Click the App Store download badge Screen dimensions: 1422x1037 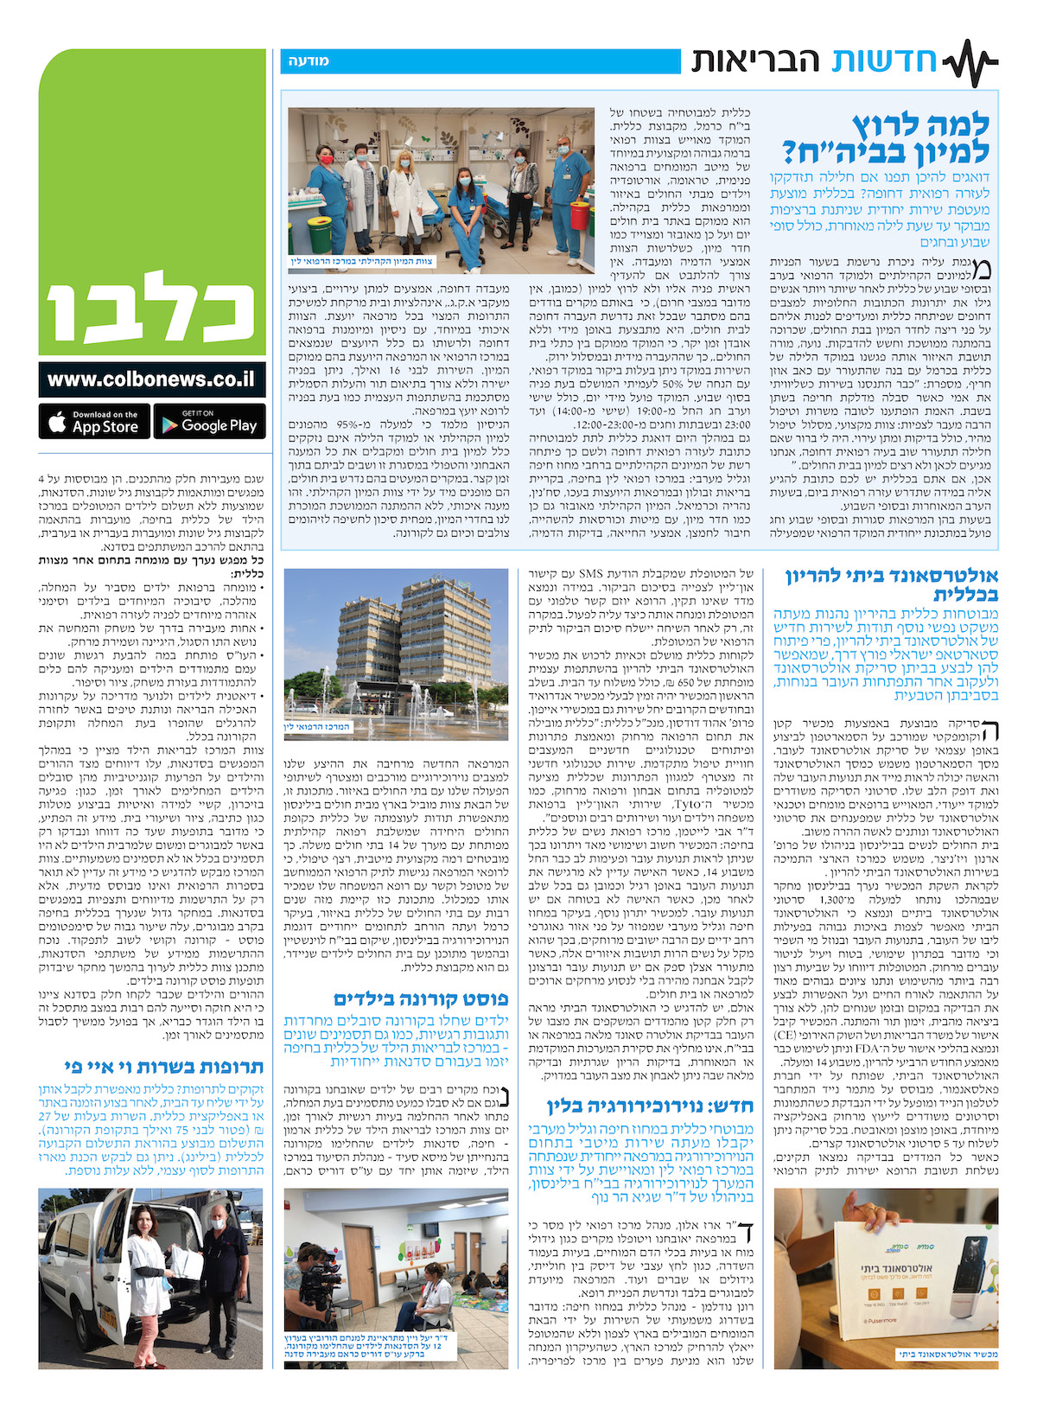[x=94, y=421]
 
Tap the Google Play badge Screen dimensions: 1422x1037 [x=210, y=421]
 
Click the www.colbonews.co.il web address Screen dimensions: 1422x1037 [x=151, y=379]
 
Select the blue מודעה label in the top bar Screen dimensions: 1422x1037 [x=309, y=61]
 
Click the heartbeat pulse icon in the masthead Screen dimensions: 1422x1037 [x=970, y=62]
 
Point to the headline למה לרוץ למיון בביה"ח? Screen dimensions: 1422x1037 [x=885, y=137]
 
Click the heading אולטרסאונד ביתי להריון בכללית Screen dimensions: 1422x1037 [x=892, y=585]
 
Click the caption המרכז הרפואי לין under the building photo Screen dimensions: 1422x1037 [x=318, y=727]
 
